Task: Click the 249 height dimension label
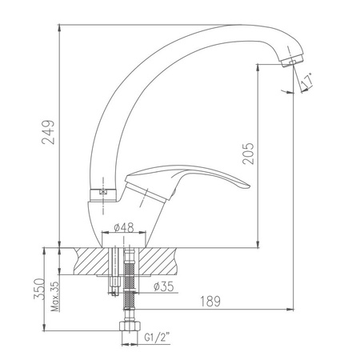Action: pyautogui.click(x=48, y=132)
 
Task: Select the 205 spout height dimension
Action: pyautogui.click(x=248, y=154)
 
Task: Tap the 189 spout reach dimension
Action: pyautogui.click(x=210, y=302)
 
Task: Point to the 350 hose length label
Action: pyautogui.click(x=39, y=289)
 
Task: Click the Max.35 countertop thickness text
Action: pyautogui.click(x=55, y=296)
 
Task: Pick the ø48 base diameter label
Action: pyautogui.click(x=124, y=227)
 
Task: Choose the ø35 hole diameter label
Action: pyautogui.click(x=164, y=286)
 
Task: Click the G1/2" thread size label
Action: pyautogui.click(x=158, y=338)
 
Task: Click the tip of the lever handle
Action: pyautogui.click(x=250, y=186)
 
